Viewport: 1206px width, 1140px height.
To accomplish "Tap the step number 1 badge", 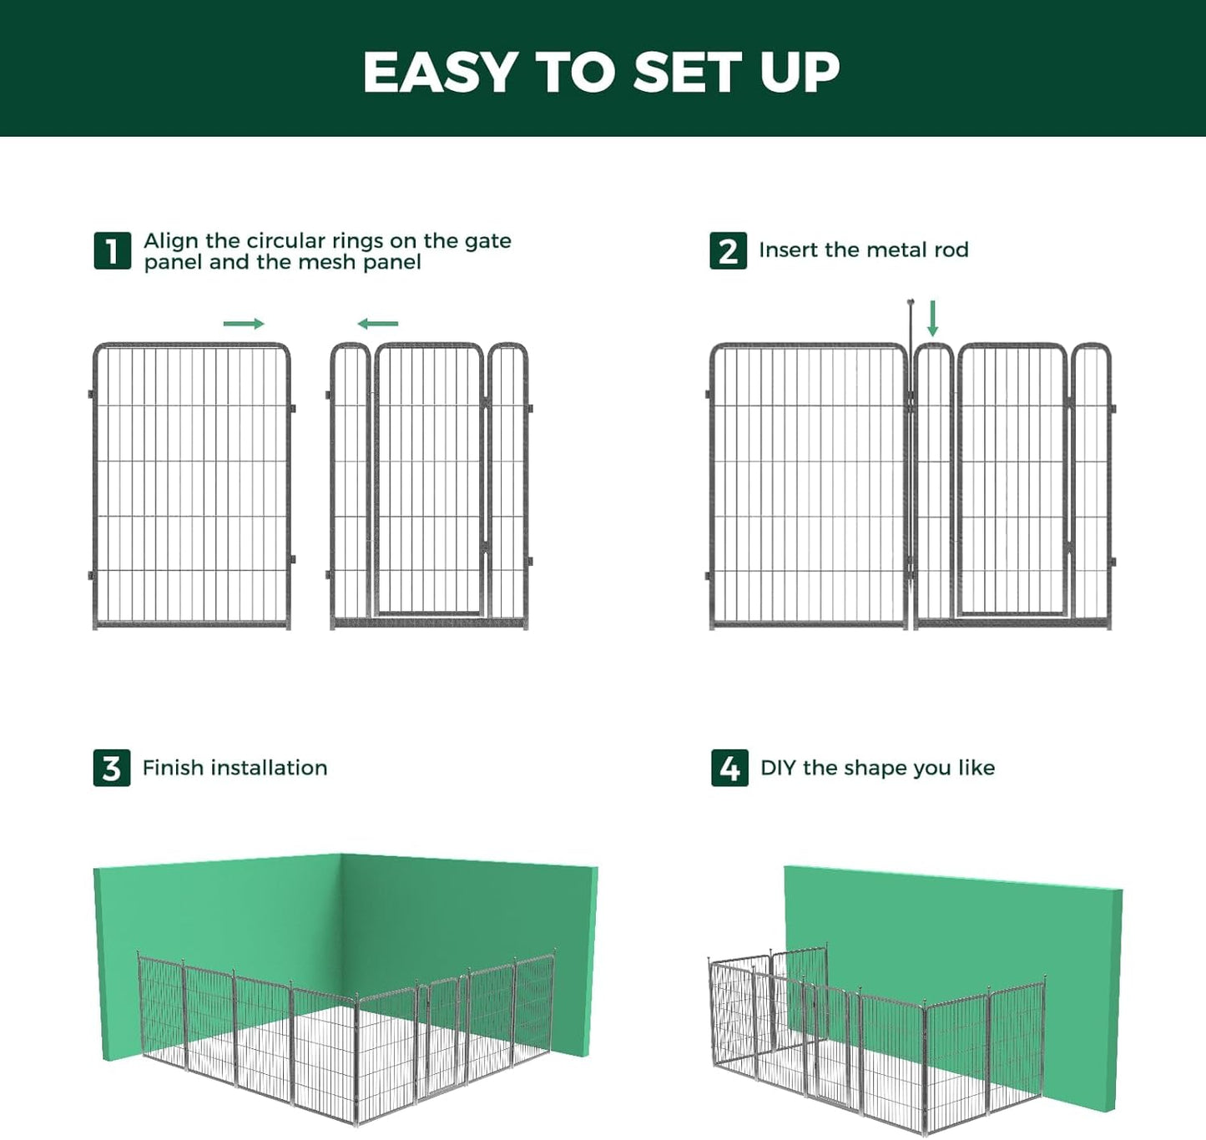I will click(112, 251).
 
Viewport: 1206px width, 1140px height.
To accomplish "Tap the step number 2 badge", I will click(728, 251).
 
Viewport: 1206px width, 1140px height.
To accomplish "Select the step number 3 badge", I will click(112, 768).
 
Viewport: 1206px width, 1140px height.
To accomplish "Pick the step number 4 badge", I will click(729, 768).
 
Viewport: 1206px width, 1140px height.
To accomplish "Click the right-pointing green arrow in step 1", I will click(244, 324).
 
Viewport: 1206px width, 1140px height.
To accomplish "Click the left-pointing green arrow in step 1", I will click(378, 324).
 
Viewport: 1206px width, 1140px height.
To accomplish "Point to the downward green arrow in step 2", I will click(933, 319).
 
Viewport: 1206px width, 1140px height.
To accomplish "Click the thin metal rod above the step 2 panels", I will click(911, 321).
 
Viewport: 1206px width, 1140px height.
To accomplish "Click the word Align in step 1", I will click(171, 241).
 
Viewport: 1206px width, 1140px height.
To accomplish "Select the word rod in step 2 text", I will click(951, 250).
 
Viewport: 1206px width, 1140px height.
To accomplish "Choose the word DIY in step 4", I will click(777, 768).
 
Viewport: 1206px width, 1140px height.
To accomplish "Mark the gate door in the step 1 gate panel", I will click(428, 480).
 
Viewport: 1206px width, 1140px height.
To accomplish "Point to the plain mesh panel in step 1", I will click(191, 484).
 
